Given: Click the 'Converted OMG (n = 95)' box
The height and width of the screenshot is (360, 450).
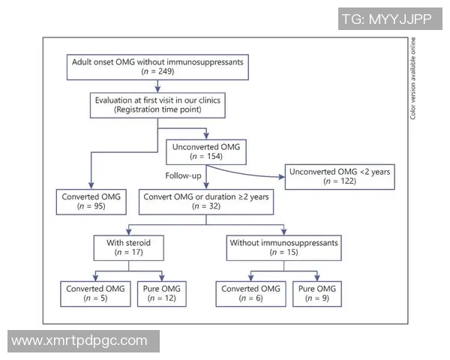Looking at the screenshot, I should pyautogui.click(x=91, y=202).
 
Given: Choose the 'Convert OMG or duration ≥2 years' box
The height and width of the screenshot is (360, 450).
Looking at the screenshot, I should pyautogui.click(x=203, y=202).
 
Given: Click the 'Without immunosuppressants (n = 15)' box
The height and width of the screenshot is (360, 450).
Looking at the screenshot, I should pyautogui.click(x=283, y=247).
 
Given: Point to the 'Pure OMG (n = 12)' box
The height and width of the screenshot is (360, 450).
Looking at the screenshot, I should pyautogui.click(x=160, y=293).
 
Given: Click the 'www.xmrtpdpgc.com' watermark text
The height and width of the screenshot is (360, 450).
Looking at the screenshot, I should pyautogui.click(x=80, y=340).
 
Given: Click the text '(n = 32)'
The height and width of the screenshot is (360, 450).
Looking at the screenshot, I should pyautogui.click(x=203, y=207).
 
